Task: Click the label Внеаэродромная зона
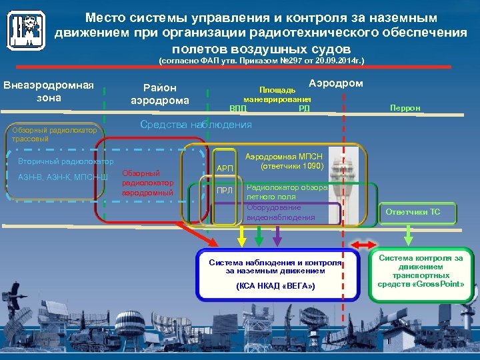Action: (49, 92)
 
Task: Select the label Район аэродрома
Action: (159, 94)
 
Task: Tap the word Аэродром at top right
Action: (337, 83)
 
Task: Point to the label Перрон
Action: (405, 107)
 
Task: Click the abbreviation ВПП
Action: (237, 107)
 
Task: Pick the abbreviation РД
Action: (304, 107)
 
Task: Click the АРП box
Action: (225, 169)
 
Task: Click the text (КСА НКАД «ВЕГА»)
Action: (275, 286)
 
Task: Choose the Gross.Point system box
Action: (421, 270)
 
